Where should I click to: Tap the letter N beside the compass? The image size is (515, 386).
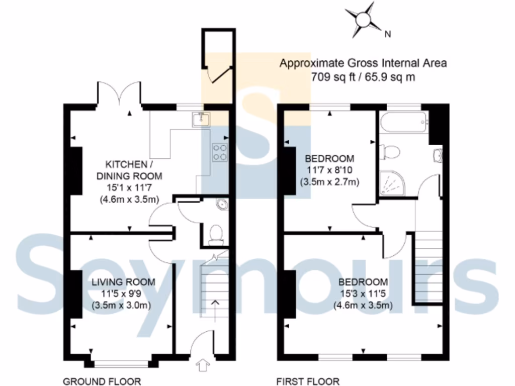387,35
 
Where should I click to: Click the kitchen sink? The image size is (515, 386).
201,119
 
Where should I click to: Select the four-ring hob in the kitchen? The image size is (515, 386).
220,152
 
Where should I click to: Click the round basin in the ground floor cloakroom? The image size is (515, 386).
220,205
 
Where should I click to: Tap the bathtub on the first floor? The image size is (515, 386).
403,121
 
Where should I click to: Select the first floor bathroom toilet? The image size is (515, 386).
390,151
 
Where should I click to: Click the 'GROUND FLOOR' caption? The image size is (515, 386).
102,381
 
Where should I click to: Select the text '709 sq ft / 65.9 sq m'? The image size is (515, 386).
363,77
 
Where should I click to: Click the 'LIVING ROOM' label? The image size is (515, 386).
123,282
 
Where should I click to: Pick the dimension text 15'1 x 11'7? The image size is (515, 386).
133,187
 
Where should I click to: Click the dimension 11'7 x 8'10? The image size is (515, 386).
329,170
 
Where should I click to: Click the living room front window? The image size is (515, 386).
120,361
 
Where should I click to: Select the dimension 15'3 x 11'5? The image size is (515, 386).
363,294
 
